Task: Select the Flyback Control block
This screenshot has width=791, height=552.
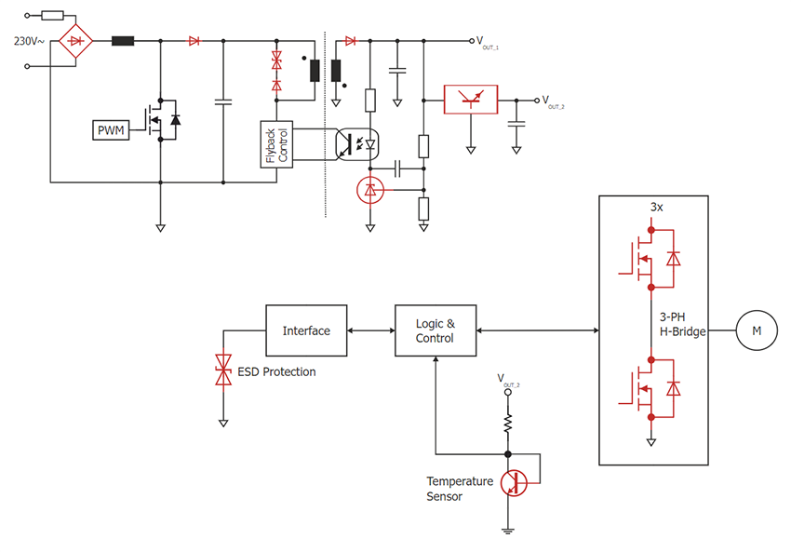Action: (275, 144)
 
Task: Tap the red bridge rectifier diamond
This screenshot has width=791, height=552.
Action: (77, 41)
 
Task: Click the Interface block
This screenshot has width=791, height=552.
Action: (305, 330)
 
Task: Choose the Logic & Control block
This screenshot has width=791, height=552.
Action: (435, 330)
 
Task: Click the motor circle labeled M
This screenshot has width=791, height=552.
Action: (756, 330)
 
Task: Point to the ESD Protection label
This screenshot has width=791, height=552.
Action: (276, 372)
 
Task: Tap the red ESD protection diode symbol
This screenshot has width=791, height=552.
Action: (223, 370)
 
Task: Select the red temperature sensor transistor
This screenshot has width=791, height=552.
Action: (511, 483)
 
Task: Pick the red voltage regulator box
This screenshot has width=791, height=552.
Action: (470, 99)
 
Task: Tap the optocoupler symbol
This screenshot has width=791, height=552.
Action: (358, 144)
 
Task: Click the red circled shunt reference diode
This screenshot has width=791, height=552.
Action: (370, 190)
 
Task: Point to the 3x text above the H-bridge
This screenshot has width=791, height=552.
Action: (655, 207)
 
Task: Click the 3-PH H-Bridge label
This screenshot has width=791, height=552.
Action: (677, 325)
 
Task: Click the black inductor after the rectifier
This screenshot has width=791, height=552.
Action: (123, 41)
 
